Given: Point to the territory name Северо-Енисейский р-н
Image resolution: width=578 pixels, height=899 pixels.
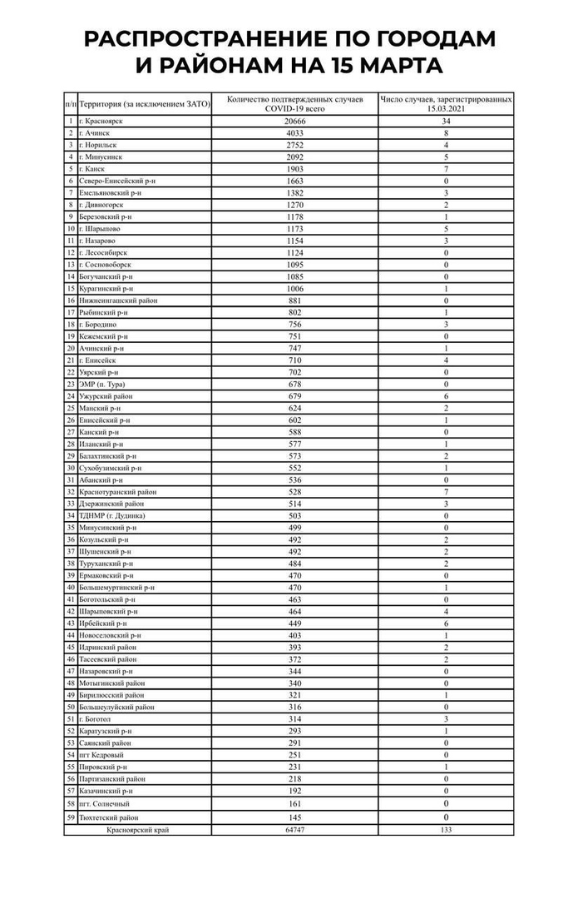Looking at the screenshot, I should pos(119,180).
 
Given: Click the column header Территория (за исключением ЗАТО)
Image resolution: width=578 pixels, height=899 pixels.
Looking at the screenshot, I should pos(144,103).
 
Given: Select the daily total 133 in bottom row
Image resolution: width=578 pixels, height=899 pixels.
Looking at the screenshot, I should pos(446,830).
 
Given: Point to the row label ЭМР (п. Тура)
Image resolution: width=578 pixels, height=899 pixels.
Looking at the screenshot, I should pos(106,384).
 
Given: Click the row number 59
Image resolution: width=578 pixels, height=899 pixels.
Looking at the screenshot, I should pos(71,818).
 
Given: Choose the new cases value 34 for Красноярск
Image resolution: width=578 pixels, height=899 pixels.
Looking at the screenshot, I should pos(446,121).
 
